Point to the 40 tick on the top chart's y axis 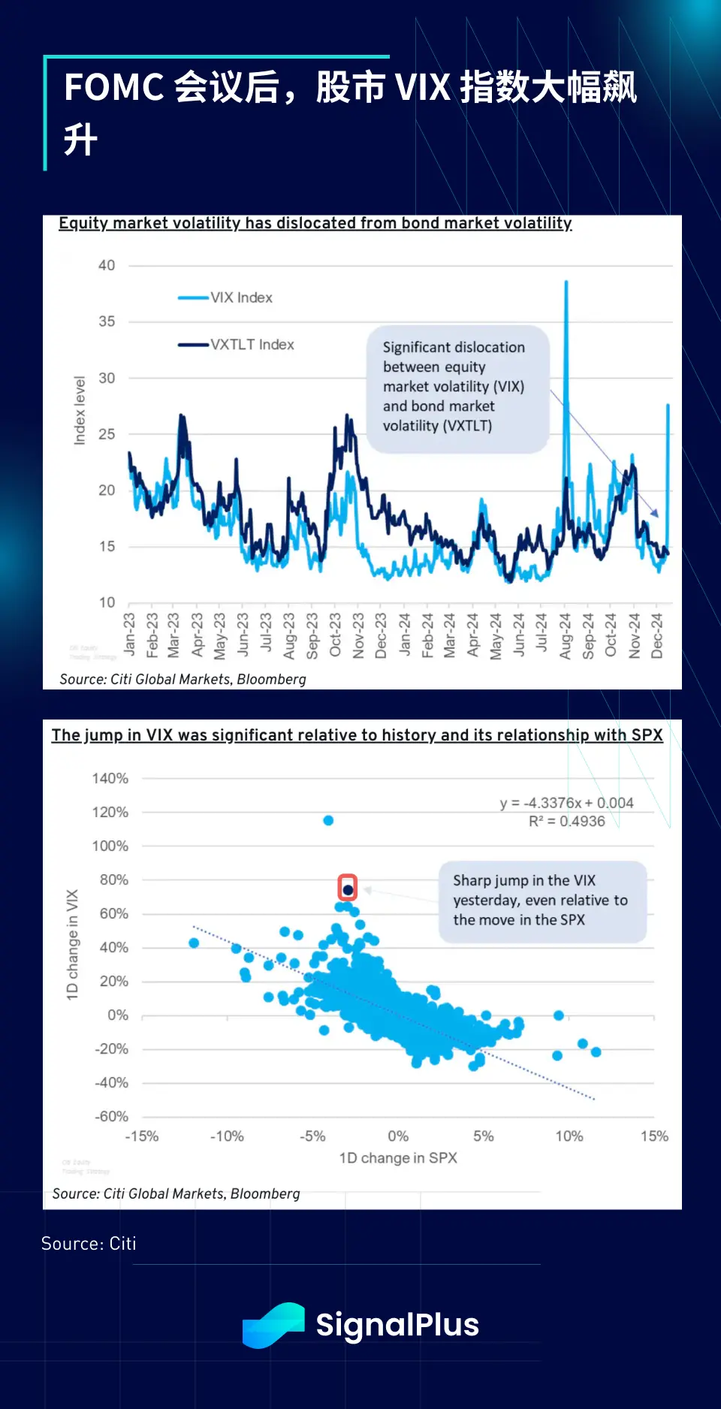pos(107,265)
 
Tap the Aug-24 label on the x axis pos(566,636)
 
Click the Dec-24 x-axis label pos(657,636)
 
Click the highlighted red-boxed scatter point pos(348,889)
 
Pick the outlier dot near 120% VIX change pos(328,820)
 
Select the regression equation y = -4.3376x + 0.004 pos(566,803)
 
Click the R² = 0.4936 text pos(566,822)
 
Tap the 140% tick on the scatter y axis pos(110,778)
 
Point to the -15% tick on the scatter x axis pos(141,1136)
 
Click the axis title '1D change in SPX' pos(398,1158)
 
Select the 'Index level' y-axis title pos(80,411)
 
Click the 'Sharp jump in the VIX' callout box pos(542,901)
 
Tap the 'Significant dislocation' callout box pos(457,388)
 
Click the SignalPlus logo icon pos(273,1325)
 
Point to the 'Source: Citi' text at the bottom pos(89,1244)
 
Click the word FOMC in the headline pos(114,87)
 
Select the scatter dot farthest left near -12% pos(194,943)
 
